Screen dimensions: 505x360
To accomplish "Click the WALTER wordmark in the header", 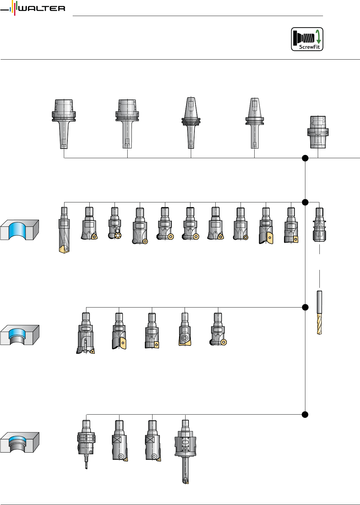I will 42,9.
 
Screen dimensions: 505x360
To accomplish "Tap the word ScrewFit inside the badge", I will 309,47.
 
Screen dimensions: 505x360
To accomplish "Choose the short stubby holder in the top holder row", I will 318,132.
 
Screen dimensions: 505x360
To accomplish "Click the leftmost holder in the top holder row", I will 64,124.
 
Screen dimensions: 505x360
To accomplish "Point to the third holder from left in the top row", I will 191,122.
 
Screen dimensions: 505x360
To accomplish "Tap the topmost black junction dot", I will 305,158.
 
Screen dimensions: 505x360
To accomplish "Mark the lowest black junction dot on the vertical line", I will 305,415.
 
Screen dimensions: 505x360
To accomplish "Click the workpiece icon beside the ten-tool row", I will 20,230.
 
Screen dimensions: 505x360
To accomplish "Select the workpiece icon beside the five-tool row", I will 20,335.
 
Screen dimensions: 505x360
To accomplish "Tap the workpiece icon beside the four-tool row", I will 20,442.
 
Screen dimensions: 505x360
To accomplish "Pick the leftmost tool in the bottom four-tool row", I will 86,444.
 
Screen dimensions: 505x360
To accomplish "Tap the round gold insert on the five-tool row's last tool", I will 224,342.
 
